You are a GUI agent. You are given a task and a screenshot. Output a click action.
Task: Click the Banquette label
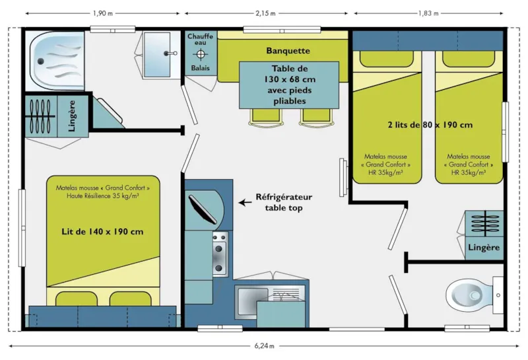pos(288,51)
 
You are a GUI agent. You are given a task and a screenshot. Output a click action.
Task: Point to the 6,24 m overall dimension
pos(264,345)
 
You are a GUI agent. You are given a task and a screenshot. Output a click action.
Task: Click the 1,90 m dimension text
pos(102,13)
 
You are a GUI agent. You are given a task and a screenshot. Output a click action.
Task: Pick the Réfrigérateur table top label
pos(284,202)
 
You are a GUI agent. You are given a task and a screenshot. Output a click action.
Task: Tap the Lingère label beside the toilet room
pos(484,247)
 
